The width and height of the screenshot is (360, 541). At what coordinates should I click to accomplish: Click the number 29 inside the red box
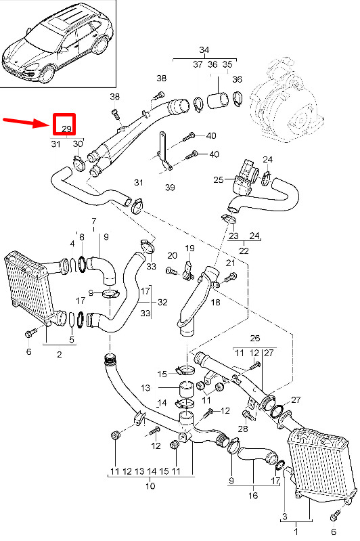click(66, 129)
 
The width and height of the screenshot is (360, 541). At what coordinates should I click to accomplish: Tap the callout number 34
click(204, 50)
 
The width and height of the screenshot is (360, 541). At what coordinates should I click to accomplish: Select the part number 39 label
click(170, 188)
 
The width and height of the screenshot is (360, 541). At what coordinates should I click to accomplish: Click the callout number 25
click(219, 179)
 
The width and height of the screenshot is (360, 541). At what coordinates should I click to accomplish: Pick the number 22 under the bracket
click(244, 250)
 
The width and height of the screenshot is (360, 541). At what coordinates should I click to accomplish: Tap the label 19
click(189, 248)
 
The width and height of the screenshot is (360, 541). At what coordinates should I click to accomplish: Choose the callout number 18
click(215, 302)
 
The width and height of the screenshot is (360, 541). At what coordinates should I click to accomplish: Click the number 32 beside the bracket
click(162, 302)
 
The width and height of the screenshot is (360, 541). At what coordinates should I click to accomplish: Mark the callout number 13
click(145, 388)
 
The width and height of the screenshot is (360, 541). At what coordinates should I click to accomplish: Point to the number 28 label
click(243, 429)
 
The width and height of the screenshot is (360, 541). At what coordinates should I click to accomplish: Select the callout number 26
click(255, 338)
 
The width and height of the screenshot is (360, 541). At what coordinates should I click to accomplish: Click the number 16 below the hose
click(253, 496)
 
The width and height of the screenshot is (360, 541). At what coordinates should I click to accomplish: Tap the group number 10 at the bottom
click(150, 485)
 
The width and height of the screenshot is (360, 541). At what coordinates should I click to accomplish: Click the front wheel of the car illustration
click(47, 74)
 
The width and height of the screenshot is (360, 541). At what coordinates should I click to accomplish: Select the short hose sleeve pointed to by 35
click(217, 100)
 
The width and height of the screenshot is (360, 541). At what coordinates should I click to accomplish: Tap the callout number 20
click(172, 256)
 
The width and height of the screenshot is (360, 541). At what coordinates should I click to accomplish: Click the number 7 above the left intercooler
click(94, 221)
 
